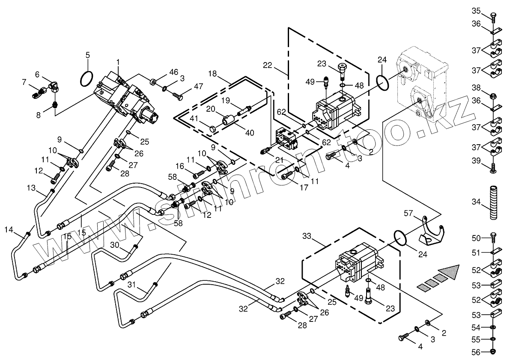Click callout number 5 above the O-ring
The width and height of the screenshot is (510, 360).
[87, 55]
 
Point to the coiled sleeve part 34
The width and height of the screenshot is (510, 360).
[493, 202]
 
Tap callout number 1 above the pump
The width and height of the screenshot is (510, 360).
[118, 62]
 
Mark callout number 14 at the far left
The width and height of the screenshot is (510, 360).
[9, 230]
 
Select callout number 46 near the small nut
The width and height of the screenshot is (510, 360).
[173, 72]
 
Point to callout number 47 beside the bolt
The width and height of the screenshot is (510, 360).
[198, 86]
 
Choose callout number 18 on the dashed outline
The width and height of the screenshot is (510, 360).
[213, 74]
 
